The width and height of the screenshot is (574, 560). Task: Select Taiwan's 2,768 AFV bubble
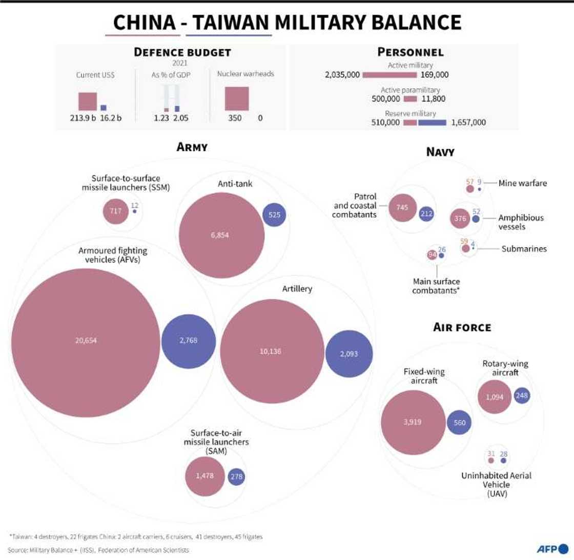pyautogui.click(x=188, y=340)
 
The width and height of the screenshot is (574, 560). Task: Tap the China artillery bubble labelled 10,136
pyautogui.click(x=274, y=351)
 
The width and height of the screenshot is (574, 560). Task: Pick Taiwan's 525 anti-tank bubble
pyautogui.click(x=274, y=215)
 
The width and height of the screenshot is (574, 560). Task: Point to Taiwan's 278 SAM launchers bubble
pyautogui.click(x=236, y=477)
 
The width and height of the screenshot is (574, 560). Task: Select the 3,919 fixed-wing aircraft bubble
pyautogui.click(x=413, y=422)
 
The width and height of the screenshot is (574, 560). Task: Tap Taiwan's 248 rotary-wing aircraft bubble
pyautogui.click(x=522, y=395)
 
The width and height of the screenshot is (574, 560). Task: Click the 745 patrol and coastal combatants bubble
pyautogui.click(x=402, y=208)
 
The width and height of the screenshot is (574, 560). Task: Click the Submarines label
pyautogui.click(x=524, y=249)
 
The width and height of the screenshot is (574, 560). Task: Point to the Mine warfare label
pyautogui.click(x=523, y=182)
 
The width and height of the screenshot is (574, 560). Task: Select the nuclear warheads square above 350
pyautogui.click(x=237, y=98)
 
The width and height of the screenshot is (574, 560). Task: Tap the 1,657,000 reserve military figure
pyautogui.click(x=468, y=123)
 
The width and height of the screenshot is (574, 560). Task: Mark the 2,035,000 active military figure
pyautogui.click(x=342, y=75)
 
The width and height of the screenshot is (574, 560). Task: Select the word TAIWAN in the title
pyautogui.click(x=229, y=23)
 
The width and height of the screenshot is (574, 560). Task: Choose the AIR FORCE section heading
pyautogui.click(x=462, y=327)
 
